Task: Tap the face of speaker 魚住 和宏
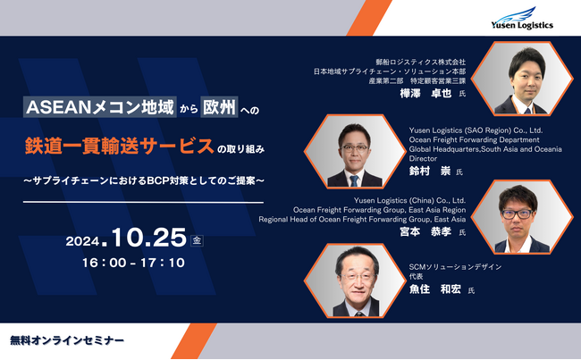click(x=353, y=272)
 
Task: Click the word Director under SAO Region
click(x=424, y=157)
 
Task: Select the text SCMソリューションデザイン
click(x=456, y=267)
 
